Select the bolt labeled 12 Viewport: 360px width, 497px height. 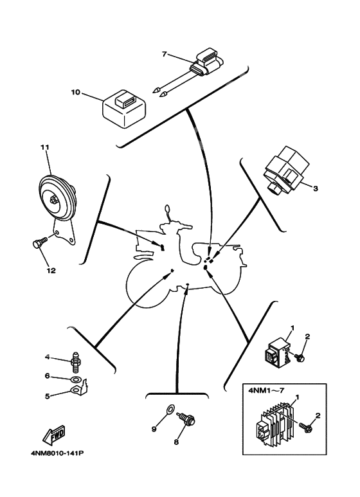(x=38, y=244)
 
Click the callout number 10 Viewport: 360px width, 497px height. (x=75, y=93)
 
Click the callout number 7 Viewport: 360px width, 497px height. (x=164, y=54)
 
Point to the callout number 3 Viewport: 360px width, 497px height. (x=316, y=188)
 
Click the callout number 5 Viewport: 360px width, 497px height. (x=47, y=395)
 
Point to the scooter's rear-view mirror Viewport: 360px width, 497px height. (x=168, y=210)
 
